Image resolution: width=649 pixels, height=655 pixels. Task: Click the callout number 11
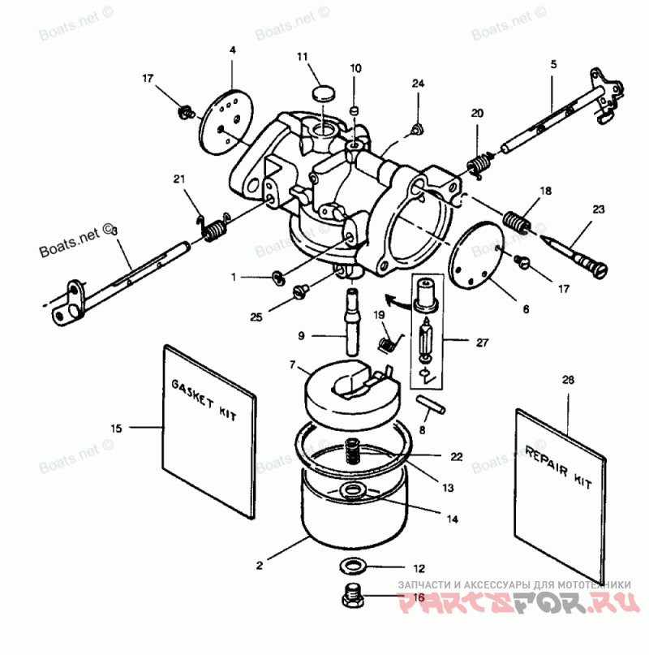(x=303, y=57)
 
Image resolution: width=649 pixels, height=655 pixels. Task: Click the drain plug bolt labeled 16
(x=352, y=599)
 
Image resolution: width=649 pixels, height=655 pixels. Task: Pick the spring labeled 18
(x=516, y=220)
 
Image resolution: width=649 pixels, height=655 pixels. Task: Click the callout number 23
(x=598, y=209)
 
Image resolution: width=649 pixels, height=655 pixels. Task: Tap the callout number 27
(x=482, y=343)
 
